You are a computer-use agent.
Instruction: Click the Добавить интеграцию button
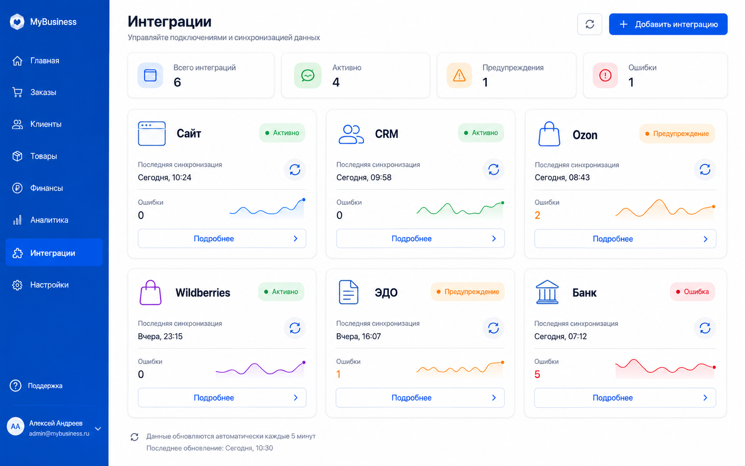pos(668,24)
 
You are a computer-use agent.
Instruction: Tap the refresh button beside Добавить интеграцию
pos(590,24)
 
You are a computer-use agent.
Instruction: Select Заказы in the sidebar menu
pos(43,92)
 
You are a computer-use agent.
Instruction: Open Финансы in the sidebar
pos(46,188)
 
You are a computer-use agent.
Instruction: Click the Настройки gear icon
pos(17,285)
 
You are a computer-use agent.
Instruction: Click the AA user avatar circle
pos(16,427)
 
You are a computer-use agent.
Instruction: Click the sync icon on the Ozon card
pos(705,170)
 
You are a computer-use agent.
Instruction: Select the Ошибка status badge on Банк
pos(692,292)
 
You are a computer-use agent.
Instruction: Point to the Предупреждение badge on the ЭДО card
pos(467,292)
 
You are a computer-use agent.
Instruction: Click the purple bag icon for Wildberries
pos(150,292)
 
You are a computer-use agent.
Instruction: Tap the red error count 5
pos(537,374)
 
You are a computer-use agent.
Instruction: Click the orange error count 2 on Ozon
pos(537,215)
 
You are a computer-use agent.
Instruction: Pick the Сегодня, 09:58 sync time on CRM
pos(364,177)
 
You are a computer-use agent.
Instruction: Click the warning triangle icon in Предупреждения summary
pos(459,76)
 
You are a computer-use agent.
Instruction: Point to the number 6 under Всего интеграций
pos(177,82)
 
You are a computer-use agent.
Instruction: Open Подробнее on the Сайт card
pos(222,239)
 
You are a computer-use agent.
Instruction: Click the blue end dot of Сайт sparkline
pos(303,200)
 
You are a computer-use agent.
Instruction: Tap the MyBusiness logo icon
pos(17,22)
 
